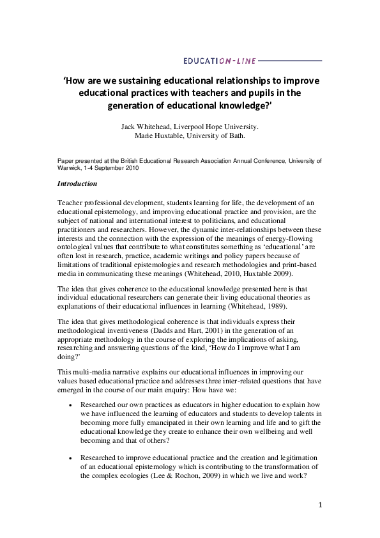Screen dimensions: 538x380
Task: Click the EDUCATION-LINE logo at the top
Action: pyautogui.click(x=219, y=61)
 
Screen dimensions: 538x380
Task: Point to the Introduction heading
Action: pyautogui.click(x=77, y=183)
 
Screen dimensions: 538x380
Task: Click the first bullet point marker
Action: pyautogui.click(x=69, y=405)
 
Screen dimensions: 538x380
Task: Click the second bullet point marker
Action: pyautogui.click(x=69, y=458)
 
